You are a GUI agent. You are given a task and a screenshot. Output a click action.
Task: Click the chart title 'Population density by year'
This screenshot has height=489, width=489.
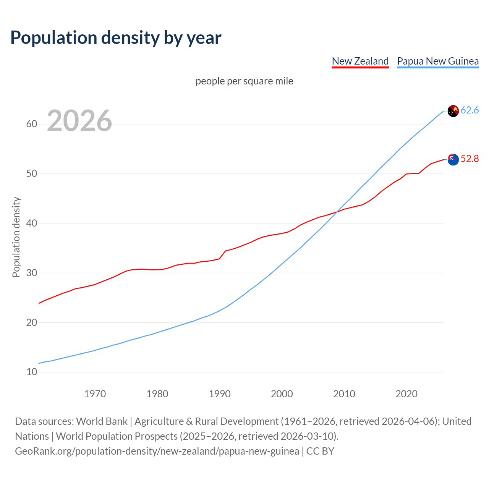tap(116, 38)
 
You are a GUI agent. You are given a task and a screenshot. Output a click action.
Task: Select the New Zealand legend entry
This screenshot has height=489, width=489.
tap(360, 61)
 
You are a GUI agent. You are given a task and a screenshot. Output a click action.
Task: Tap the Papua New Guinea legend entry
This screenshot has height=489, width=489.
tap(437, 61)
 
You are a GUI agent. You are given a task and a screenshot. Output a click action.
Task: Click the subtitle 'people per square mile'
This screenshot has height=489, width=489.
tap(244, 81)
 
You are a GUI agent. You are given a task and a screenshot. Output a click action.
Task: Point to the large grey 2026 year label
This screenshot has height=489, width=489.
tap(79, 121)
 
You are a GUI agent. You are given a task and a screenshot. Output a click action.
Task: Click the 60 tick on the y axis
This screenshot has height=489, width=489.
tap(32, 124)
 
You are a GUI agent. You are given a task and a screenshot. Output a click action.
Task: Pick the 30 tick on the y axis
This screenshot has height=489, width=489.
tap(32, 273)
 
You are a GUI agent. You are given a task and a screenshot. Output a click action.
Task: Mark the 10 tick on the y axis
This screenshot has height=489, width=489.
tap(32, 372)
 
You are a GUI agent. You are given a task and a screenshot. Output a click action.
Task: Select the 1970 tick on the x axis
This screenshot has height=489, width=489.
tap(95, 394)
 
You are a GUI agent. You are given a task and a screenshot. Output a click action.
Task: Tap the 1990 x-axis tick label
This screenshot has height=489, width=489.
tap(220, 394)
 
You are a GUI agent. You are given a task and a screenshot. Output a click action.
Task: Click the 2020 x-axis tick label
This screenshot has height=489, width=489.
tap(406, 394)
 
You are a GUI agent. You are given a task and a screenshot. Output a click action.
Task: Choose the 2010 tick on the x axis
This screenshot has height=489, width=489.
tap(344, 394)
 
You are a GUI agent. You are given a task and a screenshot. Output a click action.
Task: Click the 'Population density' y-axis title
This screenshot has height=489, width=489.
tap(16, 237)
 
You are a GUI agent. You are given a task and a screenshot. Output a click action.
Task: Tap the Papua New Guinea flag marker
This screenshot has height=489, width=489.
tap(453, 111)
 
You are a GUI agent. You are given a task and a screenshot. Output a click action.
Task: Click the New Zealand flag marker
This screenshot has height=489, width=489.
tap(453, 159)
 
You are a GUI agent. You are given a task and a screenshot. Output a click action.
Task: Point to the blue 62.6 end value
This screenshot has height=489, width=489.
tap(470, 110)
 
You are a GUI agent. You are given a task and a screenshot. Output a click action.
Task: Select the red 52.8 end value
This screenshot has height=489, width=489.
tap(470, 159)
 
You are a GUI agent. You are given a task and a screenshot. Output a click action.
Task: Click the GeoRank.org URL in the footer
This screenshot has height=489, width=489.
tap(157, 451)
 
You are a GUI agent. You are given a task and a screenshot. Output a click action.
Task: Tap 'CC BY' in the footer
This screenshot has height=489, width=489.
tap(320, 451)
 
